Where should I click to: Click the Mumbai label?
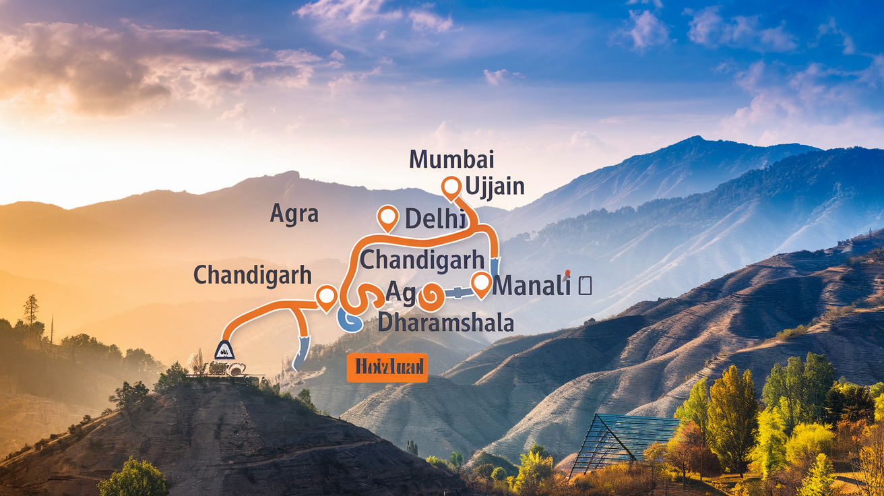point(451,160)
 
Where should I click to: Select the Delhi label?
point(435,218)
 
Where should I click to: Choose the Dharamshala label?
point(445,322)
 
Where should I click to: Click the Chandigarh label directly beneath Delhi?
point(422,259)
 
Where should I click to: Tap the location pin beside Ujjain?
point(449,187)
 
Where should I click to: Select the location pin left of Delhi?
point(387,217)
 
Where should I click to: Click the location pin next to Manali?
point(481,284)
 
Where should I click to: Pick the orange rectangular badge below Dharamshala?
point(387,367)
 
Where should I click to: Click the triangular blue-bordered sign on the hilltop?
point(224,350)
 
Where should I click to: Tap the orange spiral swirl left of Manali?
point(429,295)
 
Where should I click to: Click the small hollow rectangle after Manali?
point(585,286)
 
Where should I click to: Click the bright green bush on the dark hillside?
point(133,478)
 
